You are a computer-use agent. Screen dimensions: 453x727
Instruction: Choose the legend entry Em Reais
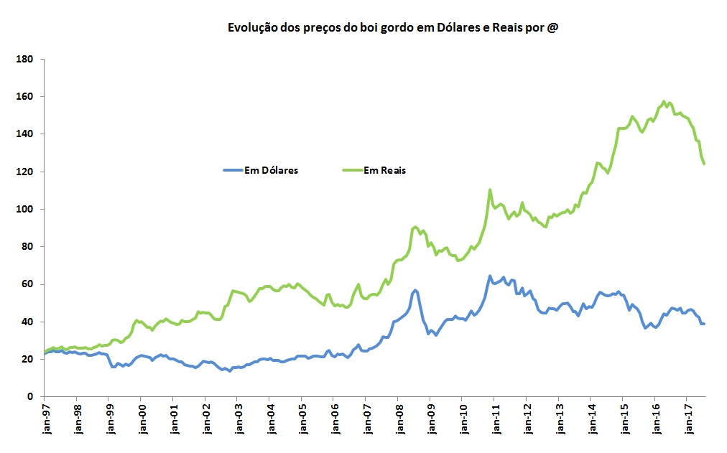click(385, 170)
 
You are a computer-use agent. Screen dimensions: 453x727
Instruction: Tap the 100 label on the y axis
click(27, 209)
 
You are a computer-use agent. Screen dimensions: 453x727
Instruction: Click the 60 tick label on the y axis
click(29, 284)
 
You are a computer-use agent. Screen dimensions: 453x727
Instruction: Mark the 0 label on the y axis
click(32, 396)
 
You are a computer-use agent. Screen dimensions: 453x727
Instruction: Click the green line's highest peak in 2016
click(664, 101)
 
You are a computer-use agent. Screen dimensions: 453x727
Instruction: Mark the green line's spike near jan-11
click(490, 190)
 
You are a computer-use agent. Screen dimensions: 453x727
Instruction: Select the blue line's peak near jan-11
click(490, 276)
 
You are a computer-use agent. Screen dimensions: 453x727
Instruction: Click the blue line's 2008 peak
click(415, 290)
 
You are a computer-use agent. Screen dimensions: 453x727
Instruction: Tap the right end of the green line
click(704, 164)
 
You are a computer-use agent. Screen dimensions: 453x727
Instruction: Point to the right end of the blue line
click(704, 324)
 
